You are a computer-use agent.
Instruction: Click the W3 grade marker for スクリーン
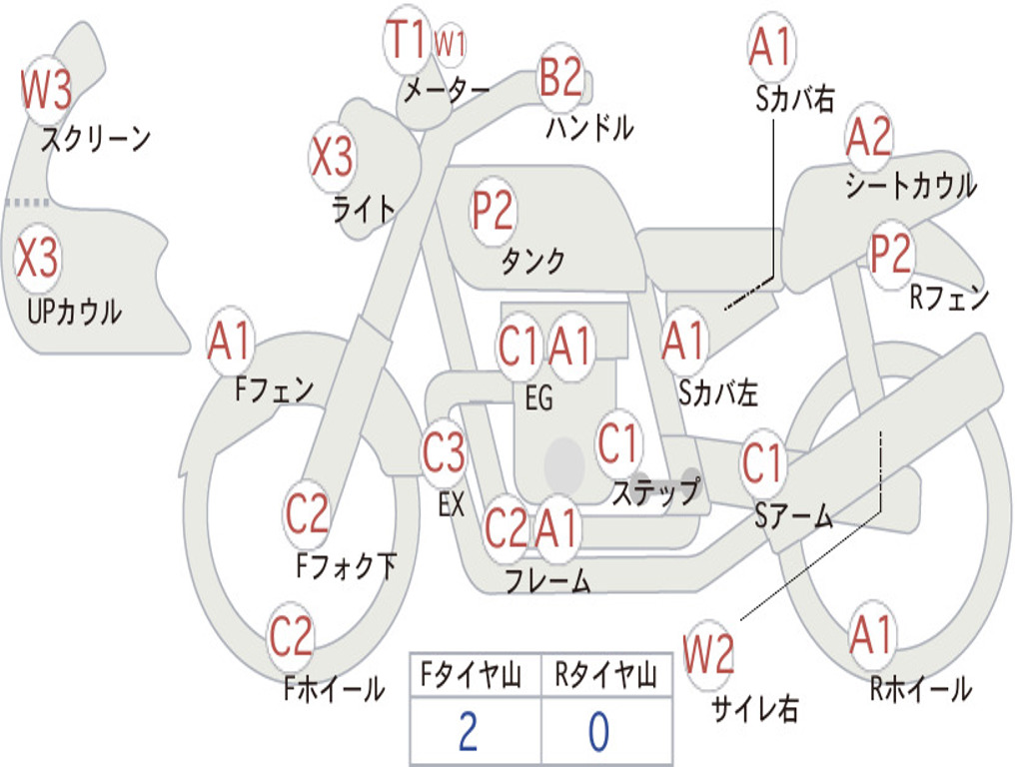[x=47, y=92]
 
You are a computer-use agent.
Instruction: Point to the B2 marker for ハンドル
[x=560, y=77]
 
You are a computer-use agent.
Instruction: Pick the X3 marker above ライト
[x=332, y=157]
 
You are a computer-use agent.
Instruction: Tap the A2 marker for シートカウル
[x=869, y=139]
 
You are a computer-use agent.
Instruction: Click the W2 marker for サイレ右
[x=709, y=655]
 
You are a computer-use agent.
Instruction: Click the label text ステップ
[x=655, y=492]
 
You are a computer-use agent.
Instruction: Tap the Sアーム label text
[x=793, y=515]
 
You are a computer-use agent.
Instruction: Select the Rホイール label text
[x=920, y=688]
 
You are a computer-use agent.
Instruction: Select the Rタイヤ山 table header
[x=605, y=676]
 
